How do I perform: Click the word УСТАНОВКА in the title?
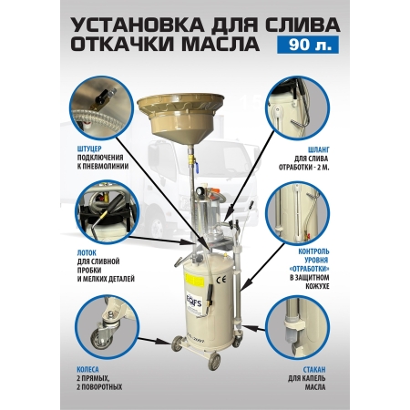[134, 21]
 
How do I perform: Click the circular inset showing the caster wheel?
[103, 325]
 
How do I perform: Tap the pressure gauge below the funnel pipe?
[195, 221]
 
